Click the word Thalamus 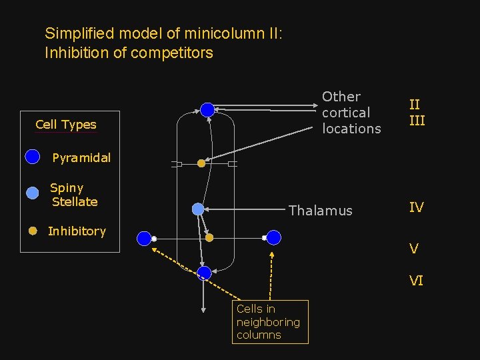320,211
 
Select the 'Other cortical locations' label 351,113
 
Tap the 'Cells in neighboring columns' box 270,322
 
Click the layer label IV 416,207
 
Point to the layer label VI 416,281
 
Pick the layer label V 414,249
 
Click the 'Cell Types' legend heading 65,125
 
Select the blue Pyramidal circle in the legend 32,157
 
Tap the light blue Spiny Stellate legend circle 32,193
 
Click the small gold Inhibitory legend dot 32,231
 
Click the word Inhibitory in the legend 77,231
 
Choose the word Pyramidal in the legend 81,158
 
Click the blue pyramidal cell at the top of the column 207,110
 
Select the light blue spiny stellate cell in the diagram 198,209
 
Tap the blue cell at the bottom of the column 204,273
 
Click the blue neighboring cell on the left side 144,238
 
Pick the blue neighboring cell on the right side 273,237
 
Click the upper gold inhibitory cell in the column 201,163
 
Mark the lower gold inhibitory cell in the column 209,237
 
